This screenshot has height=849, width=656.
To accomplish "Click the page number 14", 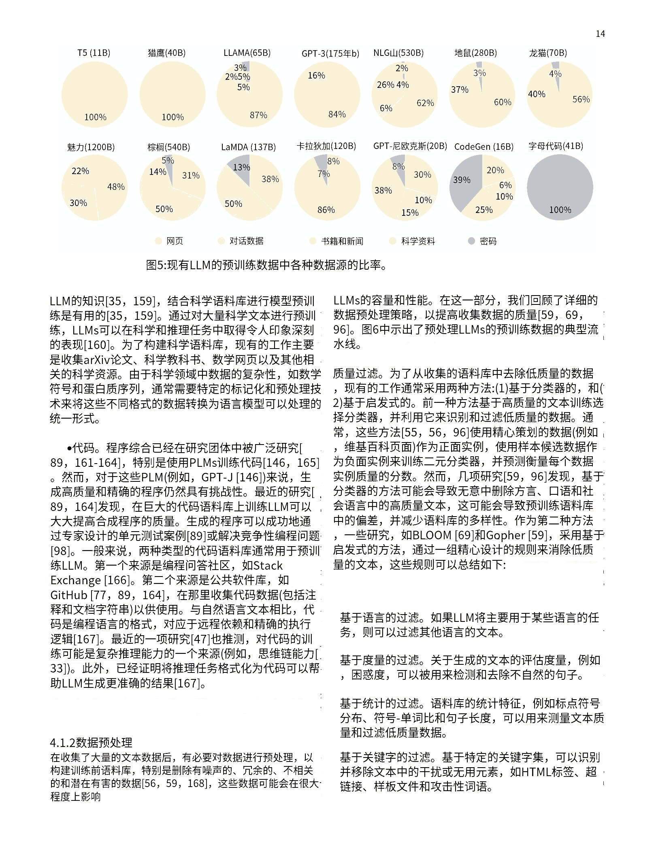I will pos(600,34).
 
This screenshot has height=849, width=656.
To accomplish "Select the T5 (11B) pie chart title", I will pos(94,53).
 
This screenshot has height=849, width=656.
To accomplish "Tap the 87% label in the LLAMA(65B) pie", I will pos(258,115).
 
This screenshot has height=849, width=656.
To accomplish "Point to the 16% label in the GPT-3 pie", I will pos(316,76).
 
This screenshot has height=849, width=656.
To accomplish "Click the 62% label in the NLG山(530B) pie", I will pos(425,103).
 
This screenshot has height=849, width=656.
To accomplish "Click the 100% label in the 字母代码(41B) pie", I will pos(560,210).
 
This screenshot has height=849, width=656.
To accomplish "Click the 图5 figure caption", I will pos(266,265).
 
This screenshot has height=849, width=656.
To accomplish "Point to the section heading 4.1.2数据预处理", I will pos(91,743).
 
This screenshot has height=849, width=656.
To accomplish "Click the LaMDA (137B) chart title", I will pos(248,147).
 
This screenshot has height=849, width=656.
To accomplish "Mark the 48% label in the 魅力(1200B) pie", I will pos(116,187).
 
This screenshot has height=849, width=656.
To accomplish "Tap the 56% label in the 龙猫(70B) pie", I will pos(581,100).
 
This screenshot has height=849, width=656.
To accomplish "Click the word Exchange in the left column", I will pos(76,581).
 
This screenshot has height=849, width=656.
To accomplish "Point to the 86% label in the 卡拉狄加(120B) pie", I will pos(326,210).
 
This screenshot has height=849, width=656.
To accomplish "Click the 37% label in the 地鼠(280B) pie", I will pos(460,90).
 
